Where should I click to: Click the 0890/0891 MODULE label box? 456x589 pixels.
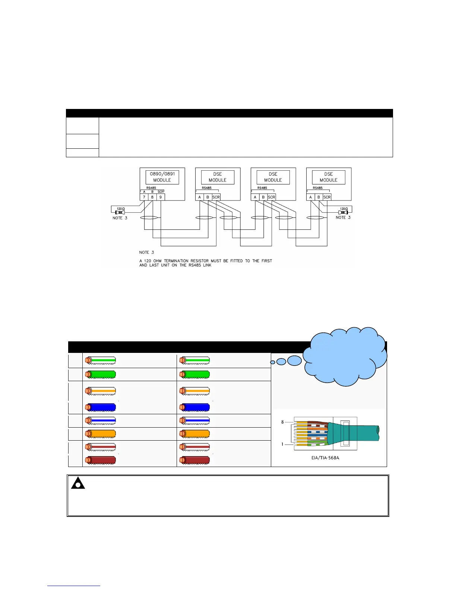point(162,177)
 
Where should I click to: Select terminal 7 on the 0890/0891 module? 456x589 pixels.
point(144,197)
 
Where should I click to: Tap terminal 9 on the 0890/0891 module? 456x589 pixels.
point(161,197)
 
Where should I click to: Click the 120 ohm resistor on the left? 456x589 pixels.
point(121,212)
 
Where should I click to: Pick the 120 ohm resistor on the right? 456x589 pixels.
point(343,212)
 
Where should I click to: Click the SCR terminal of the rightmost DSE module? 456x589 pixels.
point(327,197)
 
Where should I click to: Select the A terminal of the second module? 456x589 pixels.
point(200,197)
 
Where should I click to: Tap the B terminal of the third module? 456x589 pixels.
point(263,197)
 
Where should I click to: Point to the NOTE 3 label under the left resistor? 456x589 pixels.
point(120,218)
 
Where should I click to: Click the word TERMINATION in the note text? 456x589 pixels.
point(177,261)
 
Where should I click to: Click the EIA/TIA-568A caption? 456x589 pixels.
point(325,458)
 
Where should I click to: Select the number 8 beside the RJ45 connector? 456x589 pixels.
point(282,422)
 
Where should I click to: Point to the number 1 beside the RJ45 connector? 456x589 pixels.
point(282,444)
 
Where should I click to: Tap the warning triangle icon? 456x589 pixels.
point(78,483)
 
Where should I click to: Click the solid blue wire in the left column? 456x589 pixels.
point(101,407)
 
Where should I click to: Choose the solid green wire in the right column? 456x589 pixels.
point(194,374)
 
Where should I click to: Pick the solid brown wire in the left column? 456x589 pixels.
point(101,460)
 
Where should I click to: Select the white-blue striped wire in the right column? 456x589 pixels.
point(194,421)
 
